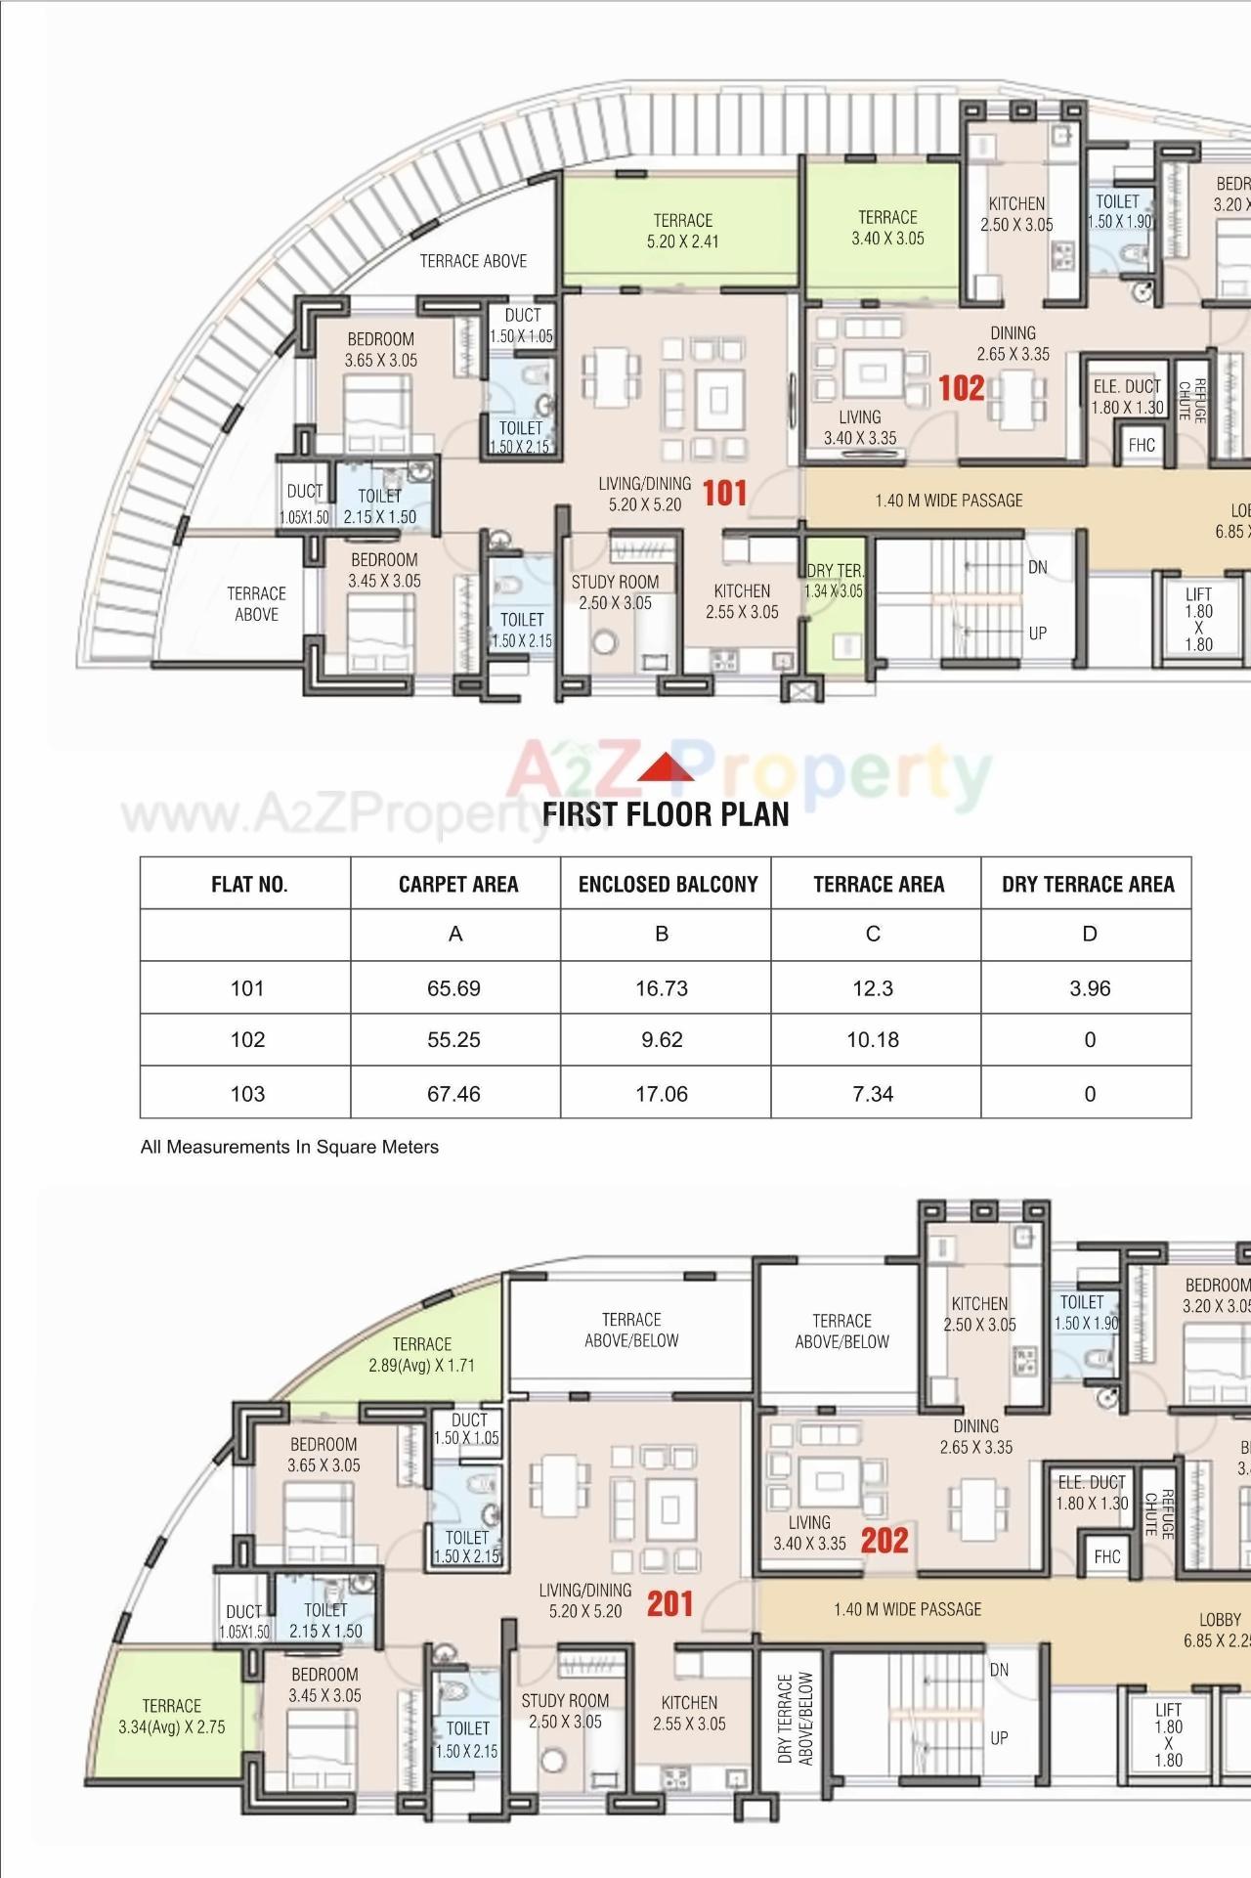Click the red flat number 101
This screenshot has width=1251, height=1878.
coord(724,494)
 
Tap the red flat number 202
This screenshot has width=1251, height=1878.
coord(884,1541)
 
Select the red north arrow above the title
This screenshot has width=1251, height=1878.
coord(666,768)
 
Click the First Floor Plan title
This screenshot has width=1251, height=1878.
coord(666,814)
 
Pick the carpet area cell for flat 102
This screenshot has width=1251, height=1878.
coord(454,1040)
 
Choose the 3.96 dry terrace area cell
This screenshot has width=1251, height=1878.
coord(1090,988)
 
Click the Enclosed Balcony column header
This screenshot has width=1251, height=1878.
coord(668,885)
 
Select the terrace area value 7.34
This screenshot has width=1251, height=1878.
coord(873,1094)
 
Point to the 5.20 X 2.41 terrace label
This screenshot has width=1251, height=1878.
coord(682,232)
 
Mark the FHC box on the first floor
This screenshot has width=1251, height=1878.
coord(1142,446)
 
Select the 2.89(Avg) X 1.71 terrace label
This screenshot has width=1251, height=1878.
coord(421,1355)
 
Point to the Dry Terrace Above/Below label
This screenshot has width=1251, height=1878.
coord(796,1718)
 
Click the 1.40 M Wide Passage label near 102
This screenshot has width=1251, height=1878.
coord(949,501)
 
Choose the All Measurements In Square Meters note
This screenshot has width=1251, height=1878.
coord(289,1147)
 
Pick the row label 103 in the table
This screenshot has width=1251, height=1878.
coord(247,1094)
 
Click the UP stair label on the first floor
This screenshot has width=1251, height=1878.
coord(1037,633)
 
